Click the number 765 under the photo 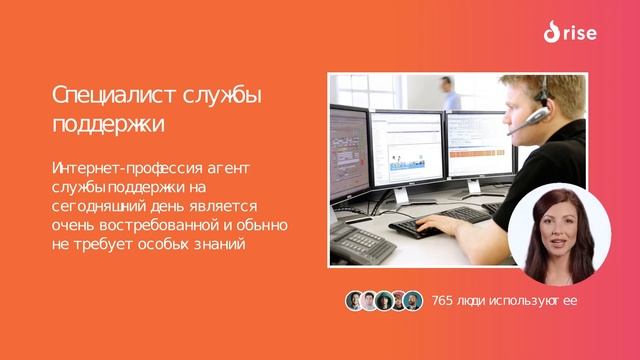pos(443,301)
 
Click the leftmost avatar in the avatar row pos(354,301)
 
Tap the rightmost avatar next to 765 pos(413,301)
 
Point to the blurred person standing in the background pos(450,95)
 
